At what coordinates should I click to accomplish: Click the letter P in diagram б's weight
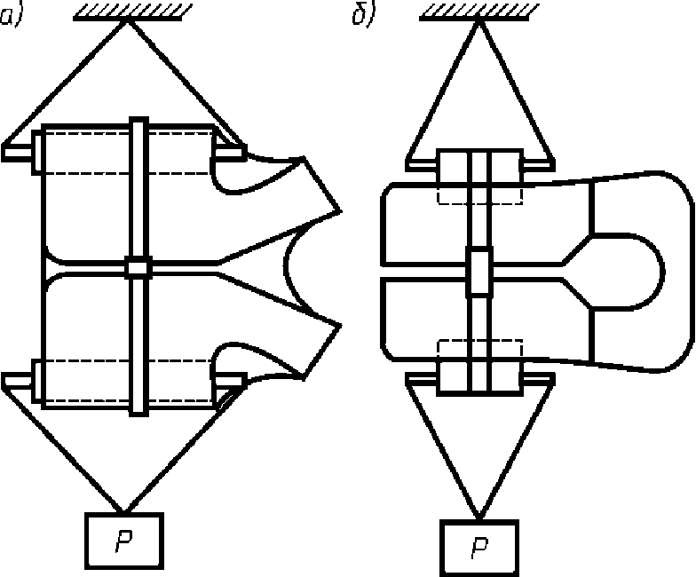479,549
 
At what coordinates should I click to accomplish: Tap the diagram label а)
9,18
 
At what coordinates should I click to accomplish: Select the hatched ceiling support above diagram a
132,12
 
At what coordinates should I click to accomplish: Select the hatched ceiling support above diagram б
479,12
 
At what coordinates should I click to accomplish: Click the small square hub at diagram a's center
138,268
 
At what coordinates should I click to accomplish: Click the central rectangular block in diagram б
479,272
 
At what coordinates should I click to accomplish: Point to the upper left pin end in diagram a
17,153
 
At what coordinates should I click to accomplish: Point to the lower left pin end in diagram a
17,381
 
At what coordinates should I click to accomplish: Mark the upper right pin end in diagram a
231,153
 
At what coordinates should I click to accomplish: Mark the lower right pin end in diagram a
231,381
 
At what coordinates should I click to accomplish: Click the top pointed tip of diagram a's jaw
341,211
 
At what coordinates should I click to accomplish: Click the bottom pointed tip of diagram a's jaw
341,325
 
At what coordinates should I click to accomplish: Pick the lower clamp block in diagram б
479,378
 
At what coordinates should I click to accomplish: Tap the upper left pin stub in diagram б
422,165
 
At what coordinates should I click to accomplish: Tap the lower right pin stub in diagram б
538,378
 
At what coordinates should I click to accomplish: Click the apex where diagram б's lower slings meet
478,518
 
